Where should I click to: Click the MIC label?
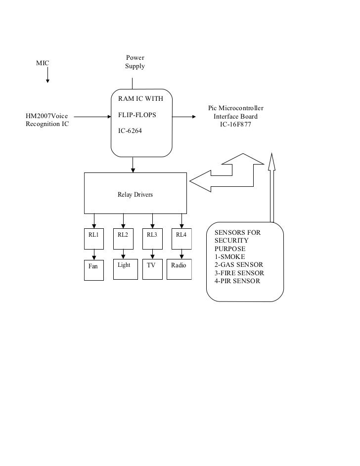click(x=43, y=63)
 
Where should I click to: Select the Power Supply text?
click(x=135, y=62)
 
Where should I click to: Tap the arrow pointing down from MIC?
click(x=47, y=76)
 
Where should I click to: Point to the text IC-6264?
click(x=130, y=131)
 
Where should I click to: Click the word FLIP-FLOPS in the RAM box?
click(x=137, y=116)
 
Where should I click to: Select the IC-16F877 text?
click(x=235, y=125)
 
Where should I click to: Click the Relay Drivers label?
click(x=135, y=195)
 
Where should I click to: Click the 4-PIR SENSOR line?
click(x=237, y=281)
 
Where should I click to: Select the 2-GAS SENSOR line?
click(x=238, y=265)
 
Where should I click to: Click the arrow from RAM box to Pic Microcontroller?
click(x=183, y=117)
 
